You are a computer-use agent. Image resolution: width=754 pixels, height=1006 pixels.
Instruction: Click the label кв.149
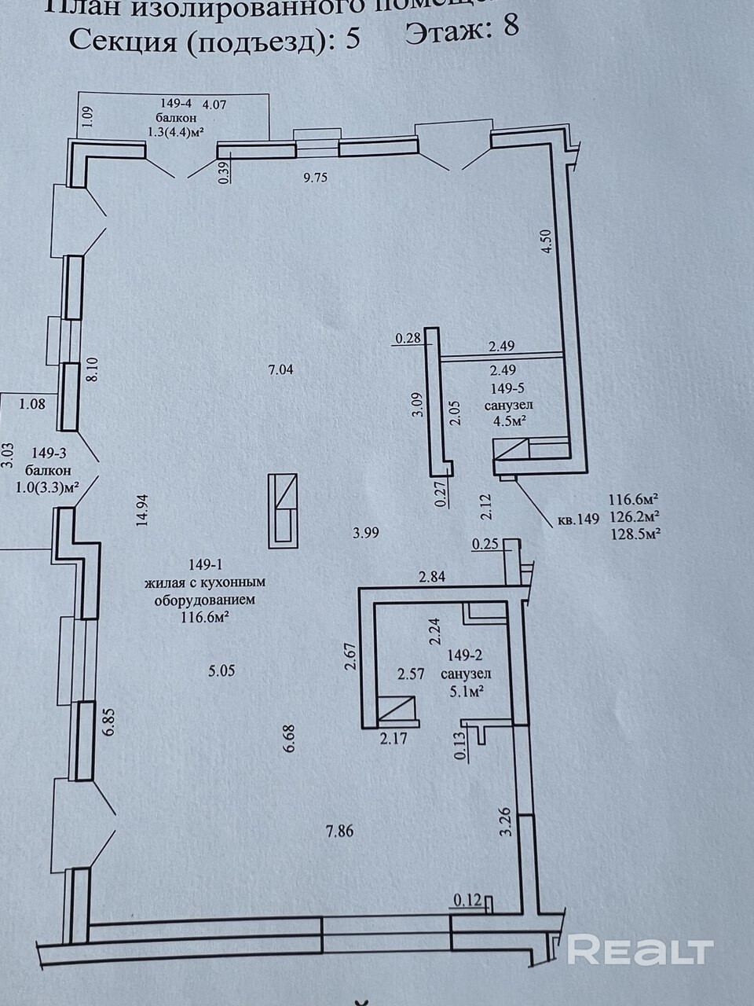coord(578,518)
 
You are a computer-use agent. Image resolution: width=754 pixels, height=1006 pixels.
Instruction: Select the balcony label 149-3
coord(52,453)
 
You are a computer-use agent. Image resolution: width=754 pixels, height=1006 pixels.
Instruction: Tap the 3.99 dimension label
coord(367,532)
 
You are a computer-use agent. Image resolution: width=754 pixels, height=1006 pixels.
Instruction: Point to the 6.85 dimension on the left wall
coord(109,721)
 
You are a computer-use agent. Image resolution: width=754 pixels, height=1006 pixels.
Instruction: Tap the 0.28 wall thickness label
coord(408,339)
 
